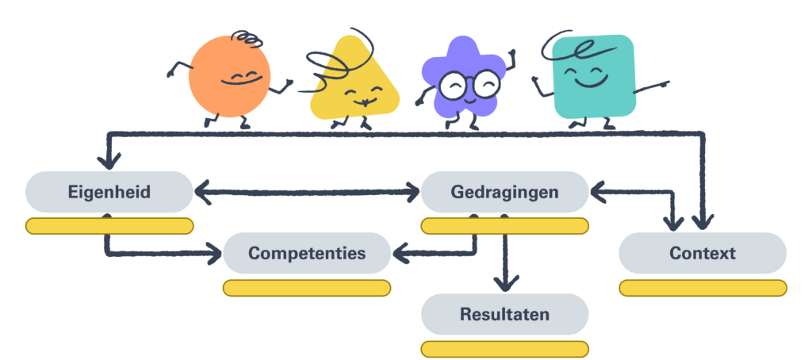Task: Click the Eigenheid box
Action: [x=109, y=192]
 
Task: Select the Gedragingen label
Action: [x=504, y=192]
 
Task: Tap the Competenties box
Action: [x=307, y=254]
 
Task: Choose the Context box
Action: [x=702, y=254]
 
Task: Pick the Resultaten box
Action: [x=504, y=314]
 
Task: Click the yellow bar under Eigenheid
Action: [x=109, y=226]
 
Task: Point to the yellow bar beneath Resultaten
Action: [x=504, y=348]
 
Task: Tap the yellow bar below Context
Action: [x=702, y=288]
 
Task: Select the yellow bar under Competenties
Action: [x=307, y=288]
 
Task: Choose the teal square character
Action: [x=593, y=76]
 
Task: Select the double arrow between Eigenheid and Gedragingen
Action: [x=307, y=191]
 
